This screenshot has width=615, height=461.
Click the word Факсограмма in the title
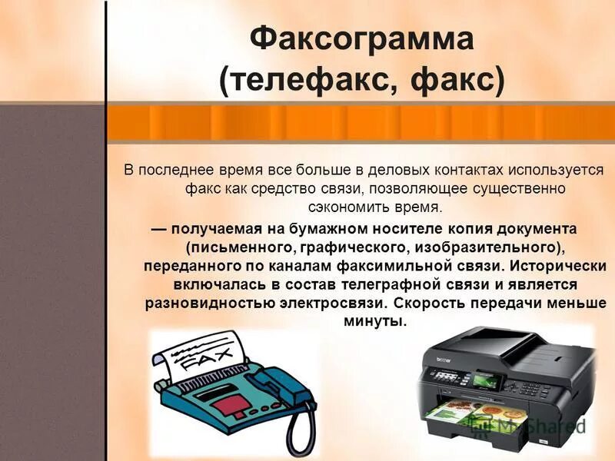click(362, 39)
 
